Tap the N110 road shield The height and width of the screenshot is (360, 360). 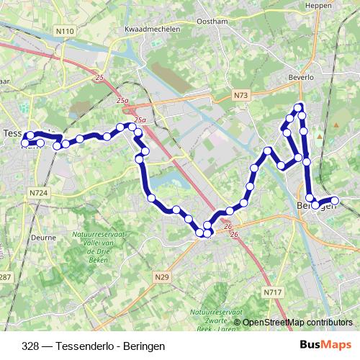tap(65, 31)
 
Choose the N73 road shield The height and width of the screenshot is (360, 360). tap(240, 94)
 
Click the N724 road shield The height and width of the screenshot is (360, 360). tap(38, 193)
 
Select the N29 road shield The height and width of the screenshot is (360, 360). tap(161, 275)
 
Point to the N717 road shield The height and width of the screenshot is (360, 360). tap(271, 292)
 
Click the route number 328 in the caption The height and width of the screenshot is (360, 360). tap(30, 346)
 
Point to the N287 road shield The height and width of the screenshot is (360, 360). tap(5, 277)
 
